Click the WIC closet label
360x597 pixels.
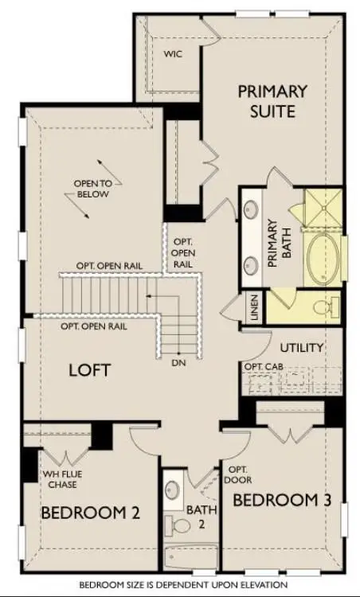[173, 54]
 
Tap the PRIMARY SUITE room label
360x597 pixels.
[272, 101]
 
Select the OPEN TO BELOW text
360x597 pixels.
[93, 189]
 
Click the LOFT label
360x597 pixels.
[90, 370]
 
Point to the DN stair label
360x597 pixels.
[178, 363]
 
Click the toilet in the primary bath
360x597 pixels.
[325, 306]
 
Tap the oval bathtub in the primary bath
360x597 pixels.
[323, 259]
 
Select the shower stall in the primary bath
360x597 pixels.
[323, 208]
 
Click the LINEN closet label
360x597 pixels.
[254, 307]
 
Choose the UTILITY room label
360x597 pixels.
[302, 348]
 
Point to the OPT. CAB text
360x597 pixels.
[264, 367]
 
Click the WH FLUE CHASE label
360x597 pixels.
[62, 479]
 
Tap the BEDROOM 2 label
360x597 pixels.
[90, 513]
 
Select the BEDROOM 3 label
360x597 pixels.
[282, 501]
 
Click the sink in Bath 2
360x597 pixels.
[172, 490]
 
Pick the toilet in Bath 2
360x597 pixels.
[178, 526]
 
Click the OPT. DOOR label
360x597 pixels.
[237, 474]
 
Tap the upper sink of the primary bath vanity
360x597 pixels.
[251, 209]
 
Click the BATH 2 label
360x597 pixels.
[202, 517]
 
